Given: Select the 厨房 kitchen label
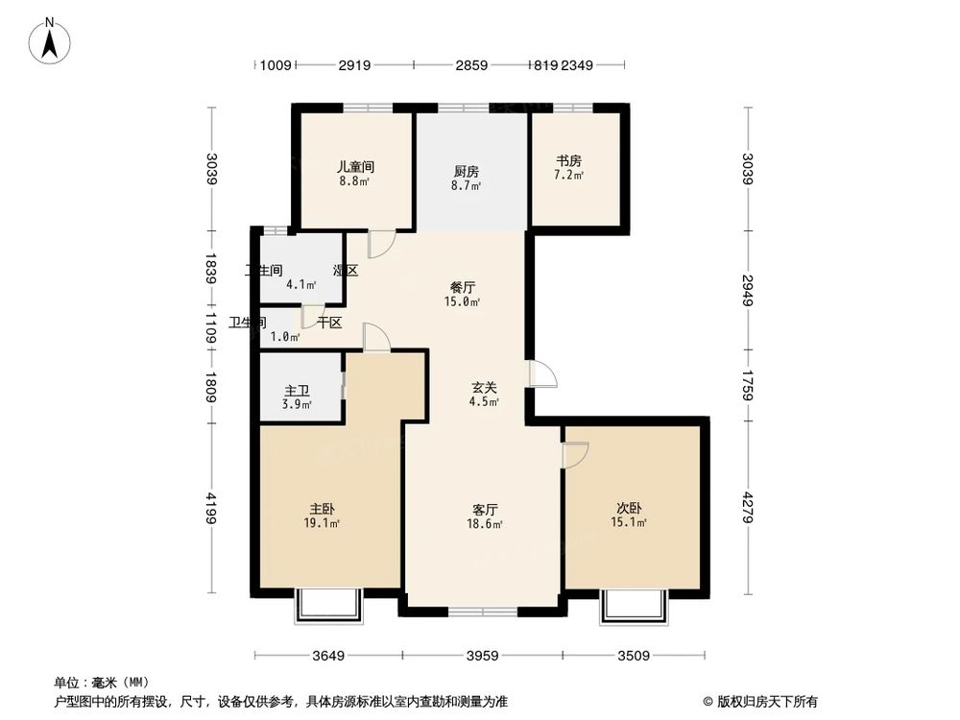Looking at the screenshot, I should tap(468, 172).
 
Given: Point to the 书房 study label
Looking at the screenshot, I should tap(569, 161).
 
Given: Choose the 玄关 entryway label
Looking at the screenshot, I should tap(484, 388).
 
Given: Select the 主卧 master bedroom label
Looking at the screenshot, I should tap(323, 509).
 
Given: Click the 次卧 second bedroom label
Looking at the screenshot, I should tap(630, 509).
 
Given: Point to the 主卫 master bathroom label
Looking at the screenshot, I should tap(297, 391).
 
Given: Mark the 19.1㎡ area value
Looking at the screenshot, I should tap(324, 524).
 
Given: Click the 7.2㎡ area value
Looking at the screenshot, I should tap(569, 177).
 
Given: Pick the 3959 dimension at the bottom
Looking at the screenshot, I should tap(482, 657).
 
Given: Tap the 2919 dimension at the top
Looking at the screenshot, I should tap(354, 65).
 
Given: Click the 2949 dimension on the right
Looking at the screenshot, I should tap(748, 291).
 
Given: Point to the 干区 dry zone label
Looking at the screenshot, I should tap(330, 323).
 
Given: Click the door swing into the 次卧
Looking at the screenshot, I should tap(576, 455).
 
